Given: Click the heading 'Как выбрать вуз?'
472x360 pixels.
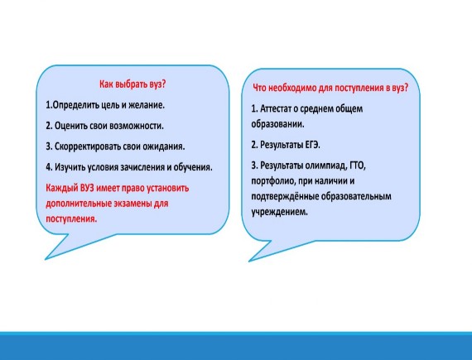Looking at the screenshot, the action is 132,84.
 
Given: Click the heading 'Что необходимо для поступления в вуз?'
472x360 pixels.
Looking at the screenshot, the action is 330,88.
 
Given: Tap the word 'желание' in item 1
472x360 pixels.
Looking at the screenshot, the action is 147,105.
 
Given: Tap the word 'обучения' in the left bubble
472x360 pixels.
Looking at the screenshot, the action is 193,167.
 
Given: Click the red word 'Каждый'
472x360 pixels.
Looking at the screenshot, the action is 62,188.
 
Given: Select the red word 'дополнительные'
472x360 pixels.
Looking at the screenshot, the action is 79,204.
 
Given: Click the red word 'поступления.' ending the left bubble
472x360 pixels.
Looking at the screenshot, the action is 71,219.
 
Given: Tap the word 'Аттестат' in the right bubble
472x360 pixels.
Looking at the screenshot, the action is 276,108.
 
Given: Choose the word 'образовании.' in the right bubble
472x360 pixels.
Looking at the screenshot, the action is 277,124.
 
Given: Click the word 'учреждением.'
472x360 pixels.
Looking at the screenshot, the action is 280,212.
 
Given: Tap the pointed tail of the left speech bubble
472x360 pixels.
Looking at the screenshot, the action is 46,259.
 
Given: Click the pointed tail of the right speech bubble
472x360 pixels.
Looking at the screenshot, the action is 249,261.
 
